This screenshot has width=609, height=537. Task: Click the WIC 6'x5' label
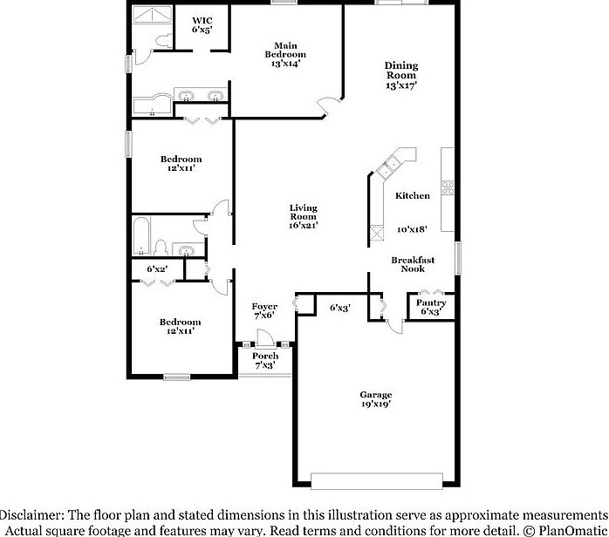click(202, 24)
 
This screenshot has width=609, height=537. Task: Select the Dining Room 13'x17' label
click(401, 75)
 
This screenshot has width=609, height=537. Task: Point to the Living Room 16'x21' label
click(304, 216)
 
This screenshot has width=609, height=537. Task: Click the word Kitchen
click(412, 196)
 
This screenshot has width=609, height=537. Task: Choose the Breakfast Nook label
click(413, 264)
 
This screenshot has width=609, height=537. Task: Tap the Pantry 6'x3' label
click(432, 307)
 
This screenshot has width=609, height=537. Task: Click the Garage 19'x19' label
click(375, 398)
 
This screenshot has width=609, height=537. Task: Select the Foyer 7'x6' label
click(265, 310)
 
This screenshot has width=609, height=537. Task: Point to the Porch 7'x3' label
click(265, 360)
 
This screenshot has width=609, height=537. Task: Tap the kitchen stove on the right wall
click(448, 186)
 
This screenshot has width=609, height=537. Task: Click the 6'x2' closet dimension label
click(157, 269)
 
